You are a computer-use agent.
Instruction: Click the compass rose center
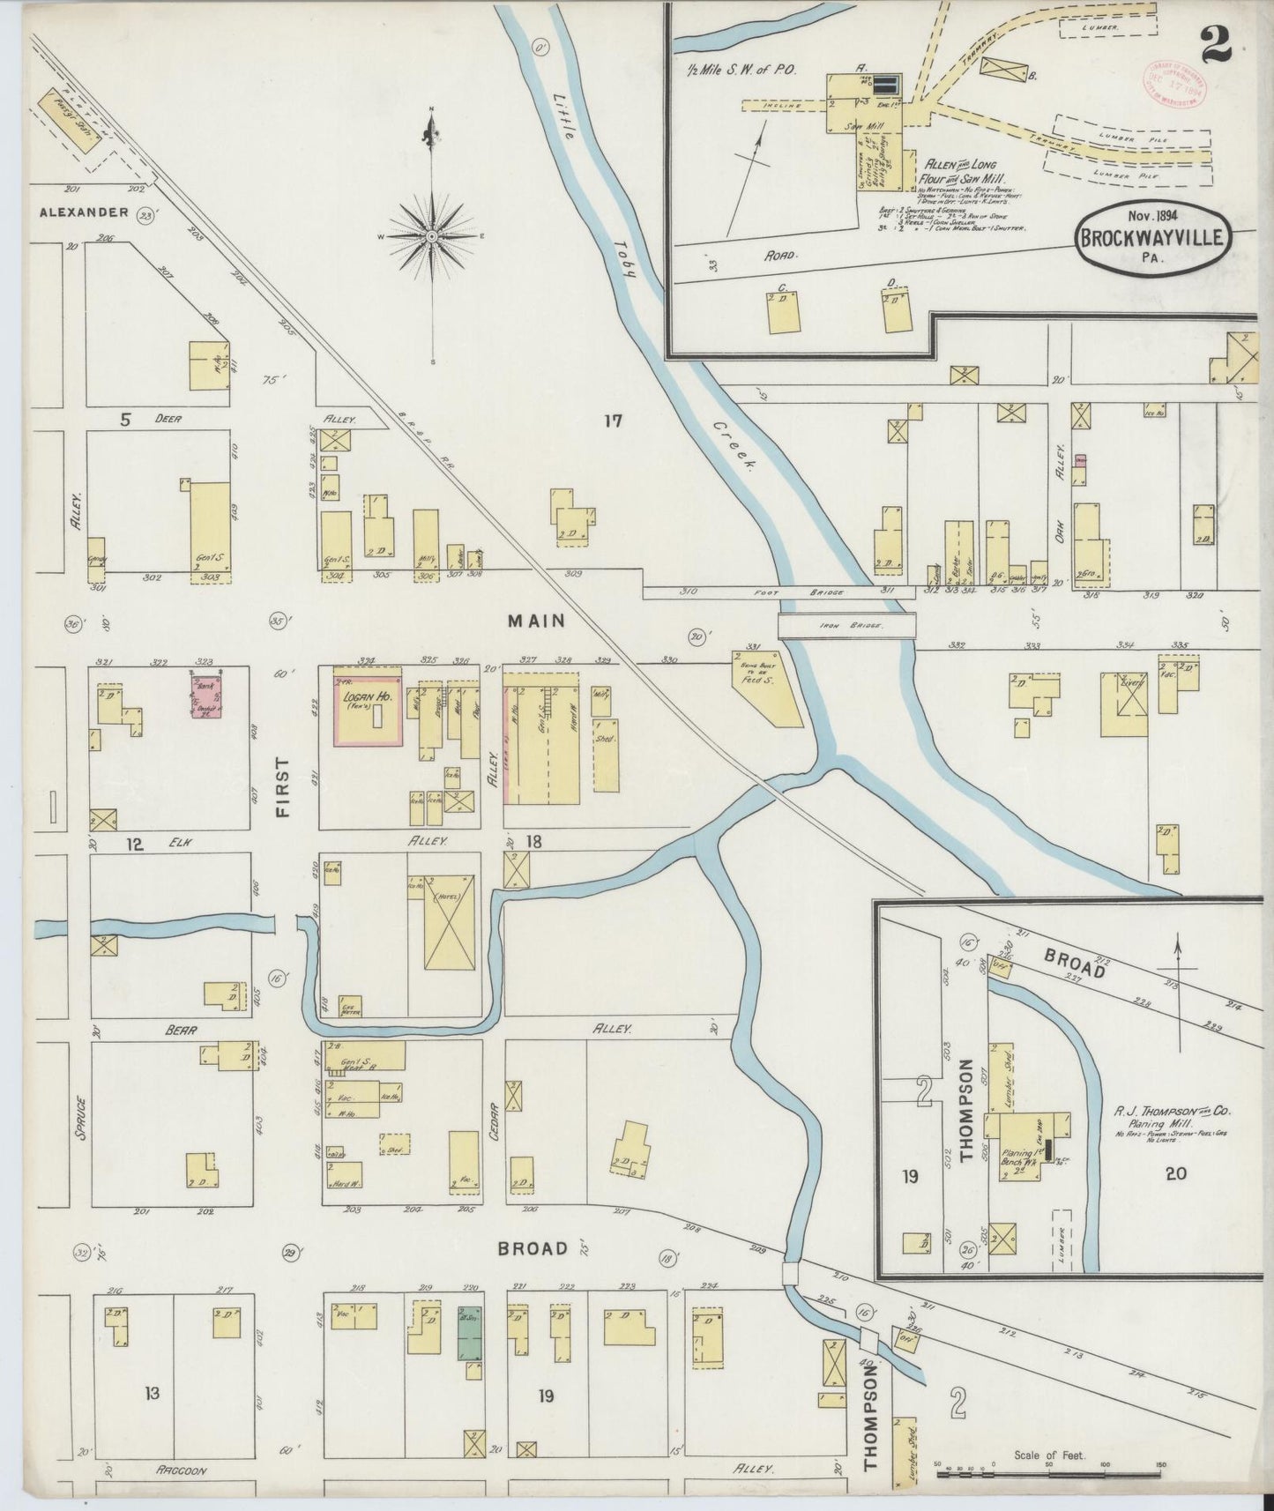pyautogui.click(x=431, y=237)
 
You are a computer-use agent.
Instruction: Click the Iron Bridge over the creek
pyautogui.click(x=846, y=625)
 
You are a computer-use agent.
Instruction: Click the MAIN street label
pyautogui.click(x=535, y=621)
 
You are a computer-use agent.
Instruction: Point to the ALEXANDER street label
pyautogui.click(x=84, y=212)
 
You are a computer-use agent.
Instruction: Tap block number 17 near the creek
pyautogui.click(x=613, y=421)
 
